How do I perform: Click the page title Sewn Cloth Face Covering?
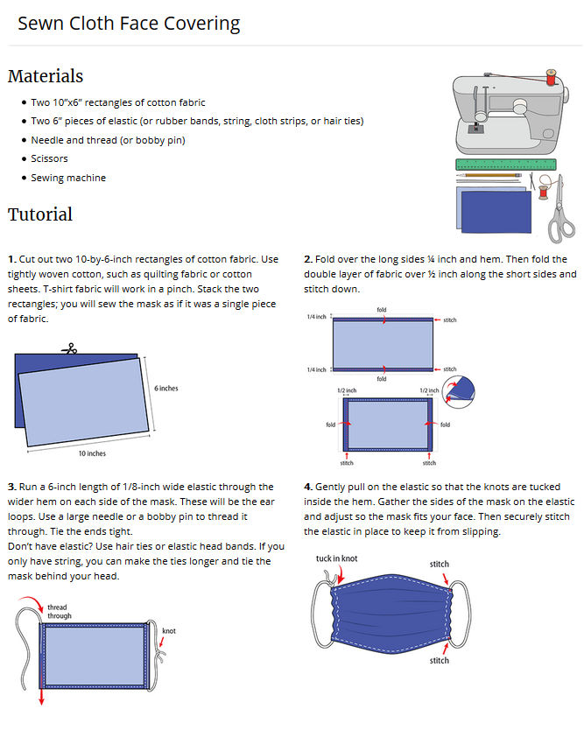pyautogui.click(x=129, y=23)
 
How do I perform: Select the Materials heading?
pyautogui.click(x=46, y=76)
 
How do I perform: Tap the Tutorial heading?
pyautogui.click(x=40, y=214)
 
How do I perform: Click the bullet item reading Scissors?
pyautogui.click(x=49, y=158)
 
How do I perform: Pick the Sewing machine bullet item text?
pyautogui.click(x=68, y=178)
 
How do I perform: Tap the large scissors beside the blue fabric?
pyautogui.click(x=558, y=210)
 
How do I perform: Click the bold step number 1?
pyautogui.click(x=11, y=260)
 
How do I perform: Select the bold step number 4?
pyautogui.click(x=308, y=487)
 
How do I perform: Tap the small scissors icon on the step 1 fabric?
pyautogui.click(x=68, y=349)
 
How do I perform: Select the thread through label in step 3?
pyautogui.click(x=60, y=611)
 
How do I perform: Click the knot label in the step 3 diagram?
pyautogui.click(x=169, y=630)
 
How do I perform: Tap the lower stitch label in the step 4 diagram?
pyautogui.click(x=439, y=660)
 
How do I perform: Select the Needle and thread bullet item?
pyautogui.click(x=108, y=140)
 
